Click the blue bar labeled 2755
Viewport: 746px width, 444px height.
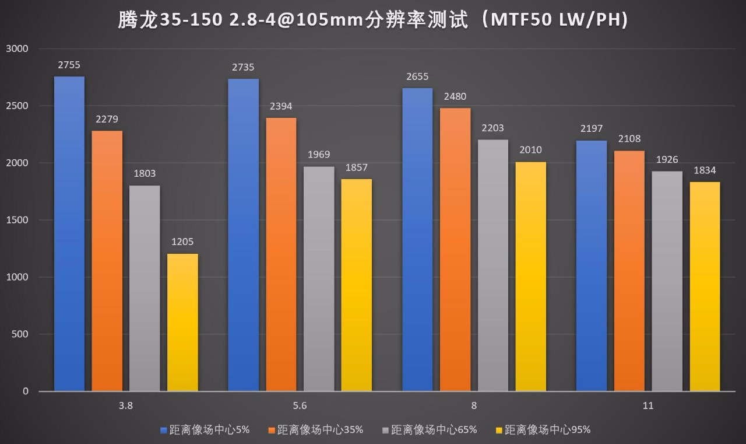69,233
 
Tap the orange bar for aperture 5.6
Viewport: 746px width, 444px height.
281,254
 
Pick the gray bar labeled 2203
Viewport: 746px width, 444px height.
492,265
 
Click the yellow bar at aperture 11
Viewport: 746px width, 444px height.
705,286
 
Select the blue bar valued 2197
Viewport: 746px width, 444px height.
592,265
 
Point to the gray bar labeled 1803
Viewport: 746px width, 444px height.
145,288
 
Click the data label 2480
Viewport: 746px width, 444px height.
455,97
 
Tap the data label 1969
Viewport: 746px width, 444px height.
319,155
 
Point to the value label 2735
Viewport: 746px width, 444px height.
243,68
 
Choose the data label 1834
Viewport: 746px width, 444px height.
705,170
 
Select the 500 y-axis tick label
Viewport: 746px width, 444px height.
20,334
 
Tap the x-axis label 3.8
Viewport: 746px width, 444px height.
126,406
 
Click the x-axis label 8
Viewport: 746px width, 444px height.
474,406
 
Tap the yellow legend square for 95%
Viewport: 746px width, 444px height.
498,431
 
